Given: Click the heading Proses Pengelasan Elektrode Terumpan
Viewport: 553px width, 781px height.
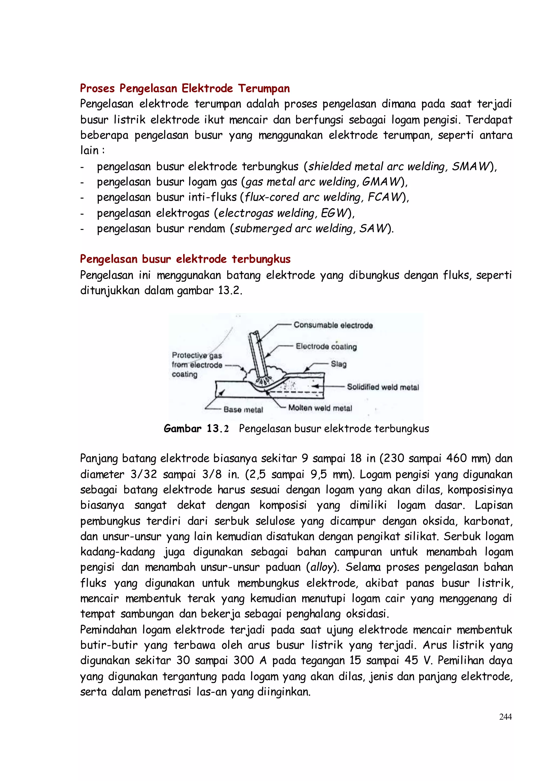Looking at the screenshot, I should coord(185,89).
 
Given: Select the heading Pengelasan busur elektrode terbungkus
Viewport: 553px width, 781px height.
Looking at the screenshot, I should coord(185,259).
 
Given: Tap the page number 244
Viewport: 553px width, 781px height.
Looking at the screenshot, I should coord(505,717).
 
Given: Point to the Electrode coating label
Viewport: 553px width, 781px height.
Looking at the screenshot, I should coord(326,347).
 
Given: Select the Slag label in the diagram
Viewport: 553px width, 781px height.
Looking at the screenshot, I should coord(339,364).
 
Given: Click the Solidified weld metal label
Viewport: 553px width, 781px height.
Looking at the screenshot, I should coord(383,387).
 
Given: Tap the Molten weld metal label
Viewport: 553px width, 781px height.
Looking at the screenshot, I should coord(320,408).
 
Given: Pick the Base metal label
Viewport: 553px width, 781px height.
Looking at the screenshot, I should coord(243,410).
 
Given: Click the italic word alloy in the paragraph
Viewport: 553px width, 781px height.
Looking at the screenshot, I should coord(321,567).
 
